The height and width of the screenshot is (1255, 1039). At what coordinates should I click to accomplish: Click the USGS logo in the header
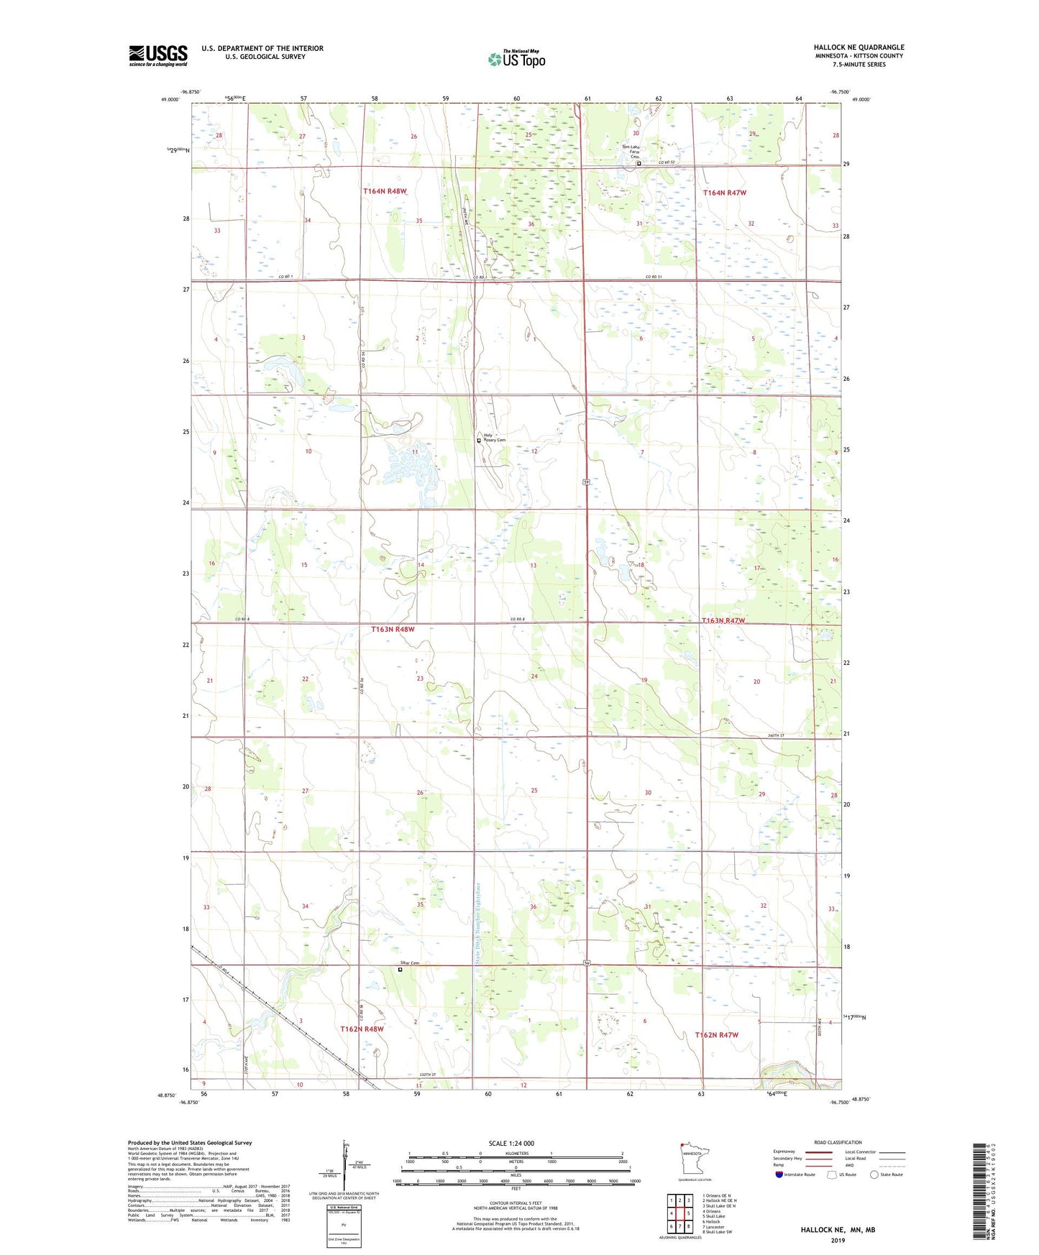[x=157, y=55]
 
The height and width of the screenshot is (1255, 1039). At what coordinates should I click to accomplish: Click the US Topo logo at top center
[x=516, y=59]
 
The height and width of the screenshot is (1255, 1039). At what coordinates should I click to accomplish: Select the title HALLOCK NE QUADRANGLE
[x=859, y=47]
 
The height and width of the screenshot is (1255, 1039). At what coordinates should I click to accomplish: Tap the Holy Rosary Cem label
[x=494, y=437]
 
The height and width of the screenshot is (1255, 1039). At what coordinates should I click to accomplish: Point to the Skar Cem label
[x=410, y=963]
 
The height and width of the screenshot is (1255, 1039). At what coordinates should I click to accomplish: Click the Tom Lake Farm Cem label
[x=631, y=152]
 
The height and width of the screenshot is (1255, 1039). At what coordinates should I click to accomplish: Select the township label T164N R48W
[x=385, y=191]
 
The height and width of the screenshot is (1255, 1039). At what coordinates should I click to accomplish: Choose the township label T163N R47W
[x=723, y=620]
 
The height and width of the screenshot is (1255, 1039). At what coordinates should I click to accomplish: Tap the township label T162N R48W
[x=362, y=1029]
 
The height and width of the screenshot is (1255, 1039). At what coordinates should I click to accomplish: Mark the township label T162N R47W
[x=716, y=1034]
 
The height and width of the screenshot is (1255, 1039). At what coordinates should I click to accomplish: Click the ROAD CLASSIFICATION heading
[x=837, y=1142]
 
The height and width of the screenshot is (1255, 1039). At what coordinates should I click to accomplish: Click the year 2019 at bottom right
[x=838, y=1240]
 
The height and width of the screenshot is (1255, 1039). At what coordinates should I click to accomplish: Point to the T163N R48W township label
[x=393, y=629]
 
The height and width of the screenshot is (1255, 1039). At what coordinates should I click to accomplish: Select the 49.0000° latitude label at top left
[x=169, y=100]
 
